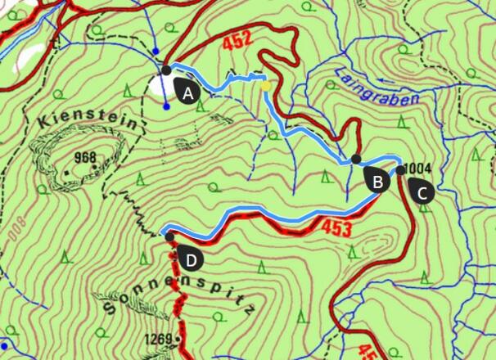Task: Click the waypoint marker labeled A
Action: click(187, 92)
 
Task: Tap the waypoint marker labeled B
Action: click(376, 181)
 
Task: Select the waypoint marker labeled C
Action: click(422, 192)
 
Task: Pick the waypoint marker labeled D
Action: click(190, 259)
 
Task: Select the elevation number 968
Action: click(84, 157)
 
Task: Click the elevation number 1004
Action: click(418, 170)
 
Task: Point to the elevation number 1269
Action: click(159, 339)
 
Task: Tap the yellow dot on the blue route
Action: click(265, 84)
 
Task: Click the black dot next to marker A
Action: click(166, 70)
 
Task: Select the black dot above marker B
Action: click(355, 159)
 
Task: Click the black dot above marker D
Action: click(169, 236)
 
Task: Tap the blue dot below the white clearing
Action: click(166, 106)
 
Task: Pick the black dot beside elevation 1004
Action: click(400, 170)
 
